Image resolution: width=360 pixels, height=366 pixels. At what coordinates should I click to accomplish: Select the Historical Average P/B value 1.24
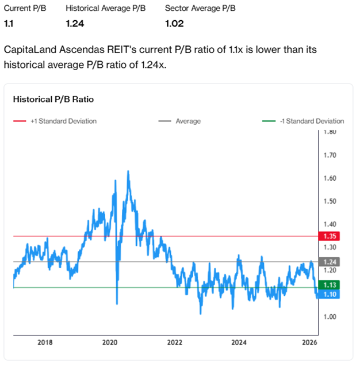(75, 24)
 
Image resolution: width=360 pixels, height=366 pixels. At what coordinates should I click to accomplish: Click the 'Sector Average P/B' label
(200, 9)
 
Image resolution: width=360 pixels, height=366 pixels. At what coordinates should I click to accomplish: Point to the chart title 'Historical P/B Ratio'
(53, 100)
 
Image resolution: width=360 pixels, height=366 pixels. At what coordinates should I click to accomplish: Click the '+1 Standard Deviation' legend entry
(63, 121)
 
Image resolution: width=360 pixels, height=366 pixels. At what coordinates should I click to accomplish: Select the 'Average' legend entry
(188, 121)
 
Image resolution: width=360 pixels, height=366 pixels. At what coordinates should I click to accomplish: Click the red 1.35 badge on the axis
(330, 236)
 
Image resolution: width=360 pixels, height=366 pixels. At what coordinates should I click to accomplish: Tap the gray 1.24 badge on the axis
(330, 261)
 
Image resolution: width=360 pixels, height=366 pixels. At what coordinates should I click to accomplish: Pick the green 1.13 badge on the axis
(330, 285)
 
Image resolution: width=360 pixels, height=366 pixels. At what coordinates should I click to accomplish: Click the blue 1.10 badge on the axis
(330, 294)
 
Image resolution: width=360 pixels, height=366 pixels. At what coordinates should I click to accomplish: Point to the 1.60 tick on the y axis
(330, 178)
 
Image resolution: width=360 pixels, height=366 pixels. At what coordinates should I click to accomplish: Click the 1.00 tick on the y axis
(330, 317)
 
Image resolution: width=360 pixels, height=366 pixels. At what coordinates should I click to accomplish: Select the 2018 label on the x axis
(45, 342)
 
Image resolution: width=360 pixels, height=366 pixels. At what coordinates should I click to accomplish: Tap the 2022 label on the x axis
(175, 342)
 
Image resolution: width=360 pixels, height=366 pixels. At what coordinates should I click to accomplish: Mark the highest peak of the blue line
(127, 171)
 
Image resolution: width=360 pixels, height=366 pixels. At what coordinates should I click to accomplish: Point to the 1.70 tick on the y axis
(330, 155)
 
